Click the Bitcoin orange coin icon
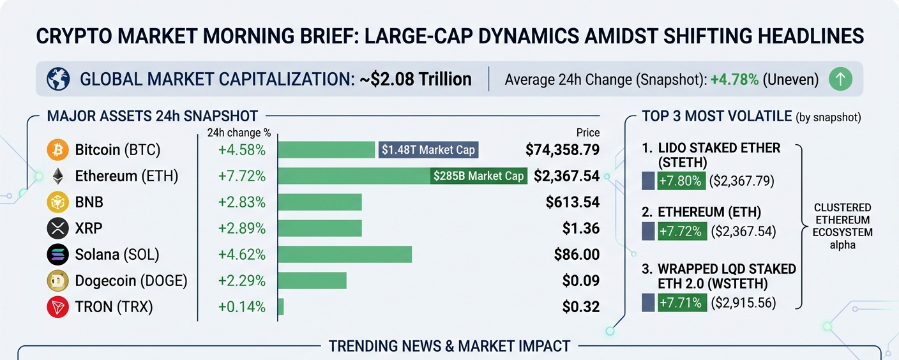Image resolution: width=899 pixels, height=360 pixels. (x=57, y=150)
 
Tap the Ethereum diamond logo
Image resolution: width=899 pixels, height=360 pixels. (x=57, y=176)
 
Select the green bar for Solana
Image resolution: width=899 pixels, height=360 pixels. (x=345, y=255)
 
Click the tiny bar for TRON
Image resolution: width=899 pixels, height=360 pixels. (x=281, y=307)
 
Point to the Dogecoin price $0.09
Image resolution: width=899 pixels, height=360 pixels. (x=581, y=281)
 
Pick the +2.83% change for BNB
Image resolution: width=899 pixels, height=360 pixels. (x=242, y=202)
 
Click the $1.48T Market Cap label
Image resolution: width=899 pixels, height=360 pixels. (x=428, y=150)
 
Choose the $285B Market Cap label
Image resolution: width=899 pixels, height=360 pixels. (x=478, y=176)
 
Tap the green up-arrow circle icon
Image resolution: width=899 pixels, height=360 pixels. (x=840, y=80)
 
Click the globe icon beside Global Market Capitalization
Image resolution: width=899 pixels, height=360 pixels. (x=58, y=80)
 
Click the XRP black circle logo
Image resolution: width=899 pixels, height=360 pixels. (x=57, y=229)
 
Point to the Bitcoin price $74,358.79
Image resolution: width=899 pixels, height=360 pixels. (x=563, y=150)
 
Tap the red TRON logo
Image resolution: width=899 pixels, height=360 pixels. (x=57, y=307)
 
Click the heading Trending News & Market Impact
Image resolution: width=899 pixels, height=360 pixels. (x=449, y=347)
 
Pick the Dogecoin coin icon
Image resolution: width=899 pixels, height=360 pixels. (x=57, y=281)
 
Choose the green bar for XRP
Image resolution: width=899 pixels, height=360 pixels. (x=320, y=229)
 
